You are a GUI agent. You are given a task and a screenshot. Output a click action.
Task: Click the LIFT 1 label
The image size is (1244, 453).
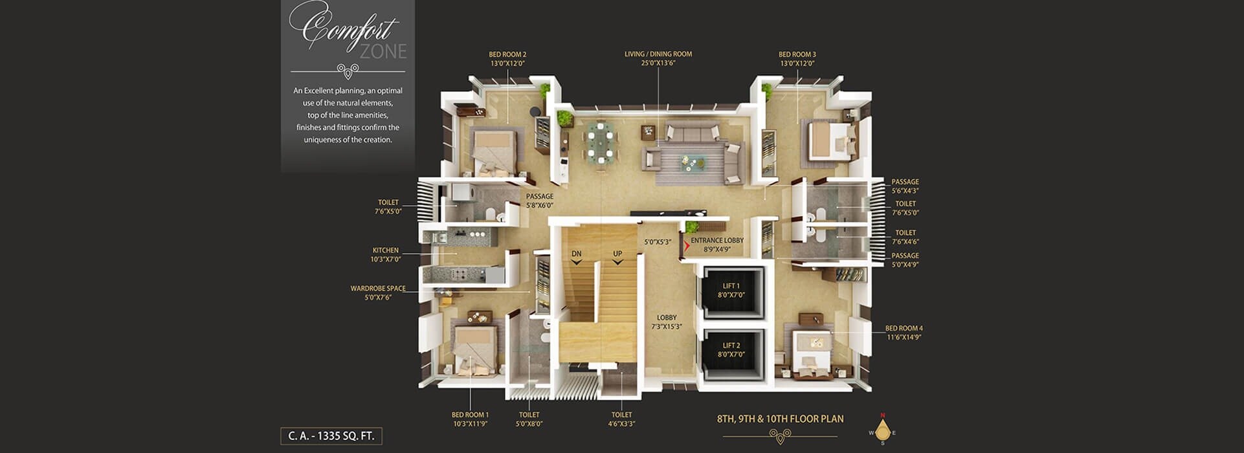point(731,286)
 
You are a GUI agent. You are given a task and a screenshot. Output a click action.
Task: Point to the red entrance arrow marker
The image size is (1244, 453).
point(687,247)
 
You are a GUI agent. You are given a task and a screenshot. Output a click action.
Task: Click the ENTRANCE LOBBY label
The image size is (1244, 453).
point(716,241)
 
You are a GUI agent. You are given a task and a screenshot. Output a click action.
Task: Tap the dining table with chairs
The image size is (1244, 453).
point(600,141)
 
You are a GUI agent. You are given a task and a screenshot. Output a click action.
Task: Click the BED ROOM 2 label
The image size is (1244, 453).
point(507,54)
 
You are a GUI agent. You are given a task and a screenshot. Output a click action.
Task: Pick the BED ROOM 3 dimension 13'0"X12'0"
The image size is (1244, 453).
point(797,63)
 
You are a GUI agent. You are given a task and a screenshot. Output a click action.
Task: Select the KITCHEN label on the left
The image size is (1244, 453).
point(386,250)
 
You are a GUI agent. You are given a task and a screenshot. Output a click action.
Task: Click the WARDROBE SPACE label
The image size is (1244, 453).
point(378,289)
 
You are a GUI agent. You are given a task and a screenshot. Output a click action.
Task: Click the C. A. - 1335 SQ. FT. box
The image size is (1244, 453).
point(331,436)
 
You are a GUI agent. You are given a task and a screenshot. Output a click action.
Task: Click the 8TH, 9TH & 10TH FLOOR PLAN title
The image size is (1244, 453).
point(780,419)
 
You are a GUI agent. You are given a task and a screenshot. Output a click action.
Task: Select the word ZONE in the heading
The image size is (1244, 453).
point(383,52)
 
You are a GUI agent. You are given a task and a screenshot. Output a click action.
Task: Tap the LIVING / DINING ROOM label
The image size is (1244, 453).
point(658,54)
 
